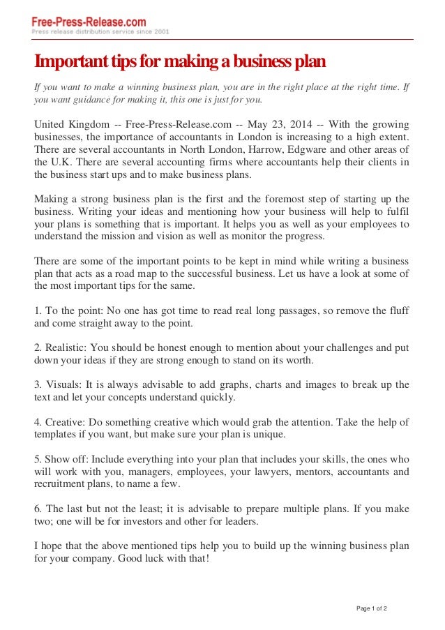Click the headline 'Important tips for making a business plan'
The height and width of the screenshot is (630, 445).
click(181, 62)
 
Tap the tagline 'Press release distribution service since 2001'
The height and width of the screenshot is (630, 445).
click(100, 32)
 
